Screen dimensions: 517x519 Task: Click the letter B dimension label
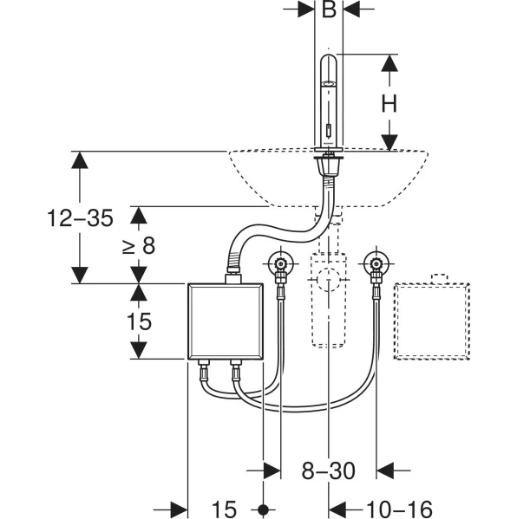329,10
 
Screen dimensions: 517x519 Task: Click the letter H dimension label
389,104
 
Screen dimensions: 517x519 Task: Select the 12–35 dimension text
80,217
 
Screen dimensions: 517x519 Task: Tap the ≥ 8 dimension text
139,245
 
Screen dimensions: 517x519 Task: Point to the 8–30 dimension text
328,470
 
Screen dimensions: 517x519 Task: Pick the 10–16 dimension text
399,509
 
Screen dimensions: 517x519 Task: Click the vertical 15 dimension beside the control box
139,321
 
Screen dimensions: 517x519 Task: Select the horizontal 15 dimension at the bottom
224,509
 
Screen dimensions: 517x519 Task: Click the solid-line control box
226,321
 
